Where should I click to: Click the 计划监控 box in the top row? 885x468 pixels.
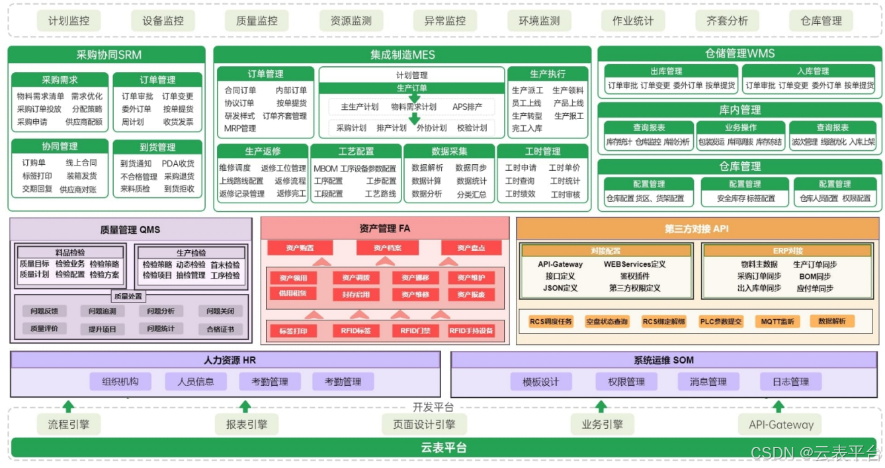point(69,21)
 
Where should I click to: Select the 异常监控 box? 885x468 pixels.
point(445,21)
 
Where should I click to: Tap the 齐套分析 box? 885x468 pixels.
point(727,21)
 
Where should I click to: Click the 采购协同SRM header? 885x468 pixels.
point(106,54)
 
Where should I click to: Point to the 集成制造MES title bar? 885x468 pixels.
point(402,54)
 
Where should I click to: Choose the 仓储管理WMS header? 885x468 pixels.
point(739,54)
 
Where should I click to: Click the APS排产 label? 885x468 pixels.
point(467,107)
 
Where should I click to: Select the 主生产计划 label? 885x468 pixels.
point(359,107)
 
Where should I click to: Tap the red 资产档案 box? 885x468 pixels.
point(387,248)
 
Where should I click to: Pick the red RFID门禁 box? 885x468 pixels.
point(415,330)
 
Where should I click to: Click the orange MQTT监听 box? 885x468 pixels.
point(777,322)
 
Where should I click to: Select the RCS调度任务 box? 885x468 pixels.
point(551,322)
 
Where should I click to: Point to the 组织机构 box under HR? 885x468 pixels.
point(120,381)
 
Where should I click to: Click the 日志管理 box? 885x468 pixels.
point(790,381)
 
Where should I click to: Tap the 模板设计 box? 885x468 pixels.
point(540,381)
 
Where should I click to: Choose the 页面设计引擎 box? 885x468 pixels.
point(424,424)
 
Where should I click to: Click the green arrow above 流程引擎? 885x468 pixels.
point(68,406)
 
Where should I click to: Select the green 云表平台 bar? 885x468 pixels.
point(443,447)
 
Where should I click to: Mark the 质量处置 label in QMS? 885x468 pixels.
point(128,297)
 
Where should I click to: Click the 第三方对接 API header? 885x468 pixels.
point(697,229)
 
